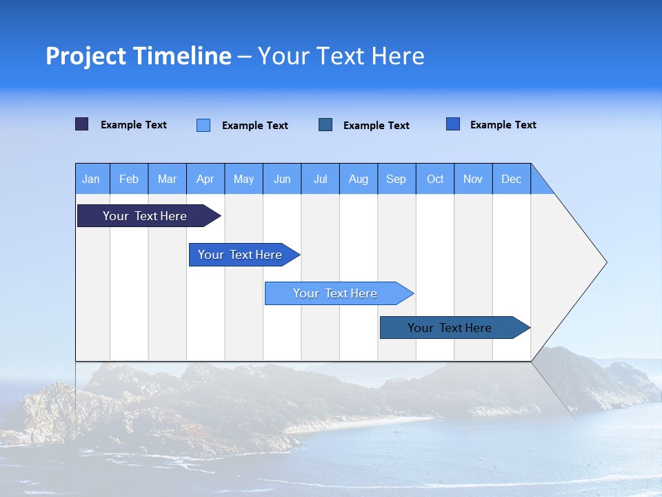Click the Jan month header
pos(92,179)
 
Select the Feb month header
pos(129,179)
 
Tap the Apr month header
pos(205,179)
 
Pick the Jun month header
pos(282,179)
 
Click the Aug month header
pos(359,179)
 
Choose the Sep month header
pos(397,179)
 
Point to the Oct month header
pos(435,179)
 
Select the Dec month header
pos(512,179)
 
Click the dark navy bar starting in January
pos(145,216)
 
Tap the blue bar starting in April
pos(240,255)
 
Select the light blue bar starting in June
pos(335,293)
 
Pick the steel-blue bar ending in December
pos(450,328)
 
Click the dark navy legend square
pos(82,124)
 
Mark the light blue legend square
pos(203,125)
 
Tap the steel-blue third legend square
pos(325,125)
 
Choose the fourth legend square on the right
pos(453,124)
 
